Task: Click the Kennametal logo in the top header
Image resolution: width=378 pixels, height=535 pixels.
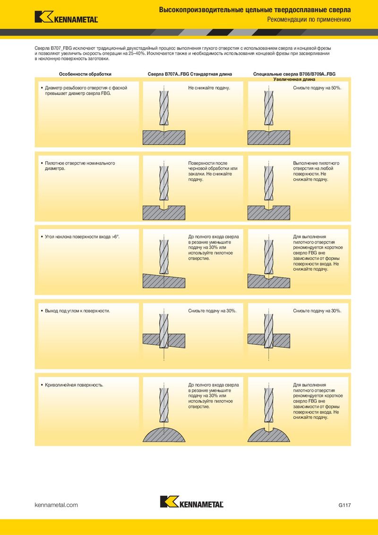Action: click(66, 17)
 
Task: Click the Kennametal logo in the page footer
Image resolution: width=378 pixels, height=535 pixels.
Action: click(192, 501)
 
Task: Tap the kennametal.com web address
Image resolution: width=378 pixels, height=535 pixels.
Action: click(56, 505)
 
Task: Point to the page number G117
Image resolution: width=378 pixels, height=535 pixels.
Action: click(344, 505)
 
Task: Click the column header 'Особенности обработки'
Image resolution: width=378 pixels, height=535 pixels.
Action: click(86, 74)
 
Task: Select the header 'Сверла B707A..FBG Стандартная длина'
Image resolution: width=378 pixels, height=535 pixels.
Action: click(189, 74)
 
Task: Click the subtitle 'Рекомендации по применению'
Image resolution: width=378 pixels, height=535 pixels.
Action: click(309, 19)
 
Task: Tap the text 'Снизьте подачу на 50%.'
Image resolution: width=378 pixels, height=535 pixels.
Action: click(317, 88)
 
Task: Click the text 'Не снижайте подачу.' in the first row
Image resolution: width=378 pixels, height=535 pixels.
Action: click(209, 88)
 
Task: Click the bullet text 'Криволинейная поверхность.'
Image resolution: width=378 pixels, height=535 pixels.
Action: click(74, 385)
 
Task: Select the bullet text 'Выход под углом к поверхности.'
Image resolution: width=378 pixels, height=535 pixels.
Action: click(77, 311)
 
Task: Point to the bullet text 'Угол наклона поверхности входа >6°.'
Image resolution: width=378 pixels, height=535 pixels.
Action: click(82, 236)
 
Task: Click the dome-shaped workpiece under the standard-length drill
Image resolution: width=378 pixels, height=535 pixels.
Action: click(164, 434)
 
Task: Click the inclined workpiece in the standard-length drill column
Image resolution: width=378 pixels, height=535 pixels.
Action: click(164, 280)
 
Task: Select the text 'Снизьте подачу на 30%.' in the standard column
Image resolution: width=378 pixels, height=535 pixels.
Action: click(212, 311)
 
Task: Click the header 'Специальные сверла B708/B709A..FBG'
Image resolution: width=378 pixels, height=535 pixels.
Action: click(294, 74)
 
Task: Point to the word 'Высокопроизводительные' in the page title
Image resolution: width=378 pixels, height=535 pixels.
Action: click(201, 10)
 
